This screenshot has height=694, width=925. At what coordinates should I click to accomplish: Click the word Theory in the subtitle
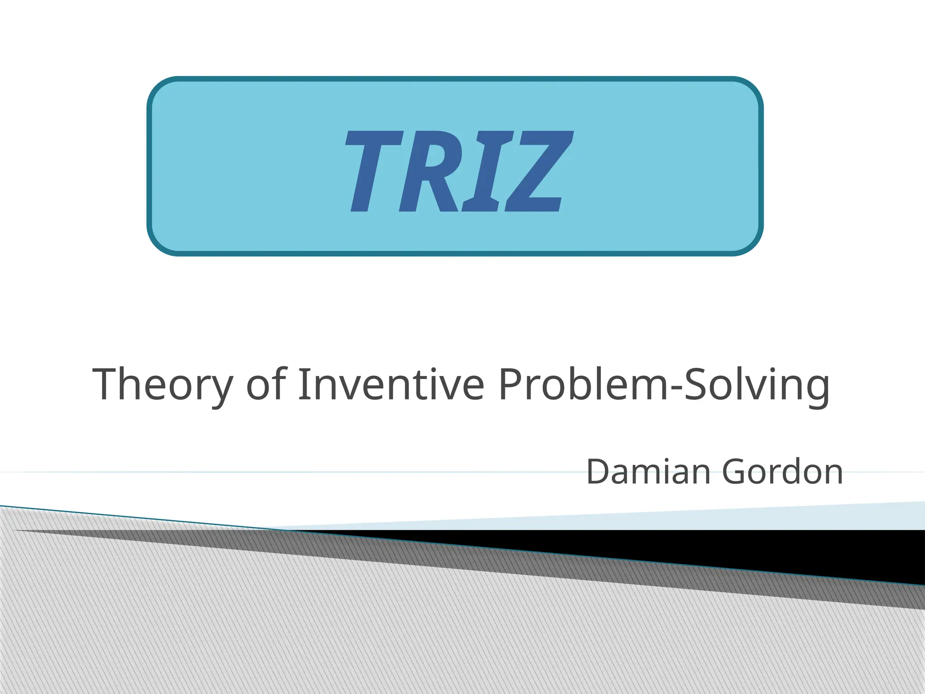[x=163, y=385]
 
